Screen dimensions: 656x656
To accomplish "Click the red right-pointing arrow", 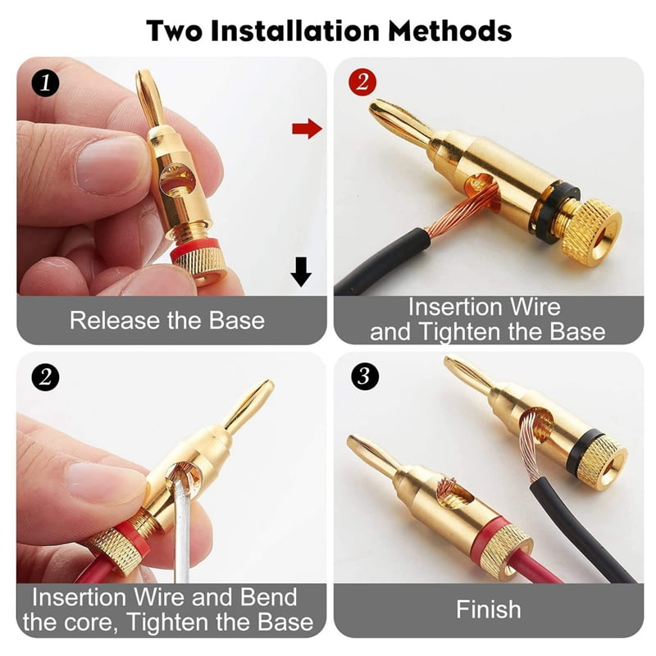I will (306, 128).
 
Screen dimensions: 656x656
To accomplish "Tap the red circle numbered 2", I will (361, 84).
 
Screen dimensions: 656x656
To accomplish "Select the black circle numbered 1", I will (45, 84).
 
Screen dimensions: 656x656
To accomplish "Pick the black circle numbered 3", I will (361, 377).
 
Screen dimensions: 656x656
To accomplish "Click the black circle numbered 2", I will (45, 377).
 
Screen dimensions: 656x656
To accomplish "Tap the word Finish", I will (488, 609).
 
